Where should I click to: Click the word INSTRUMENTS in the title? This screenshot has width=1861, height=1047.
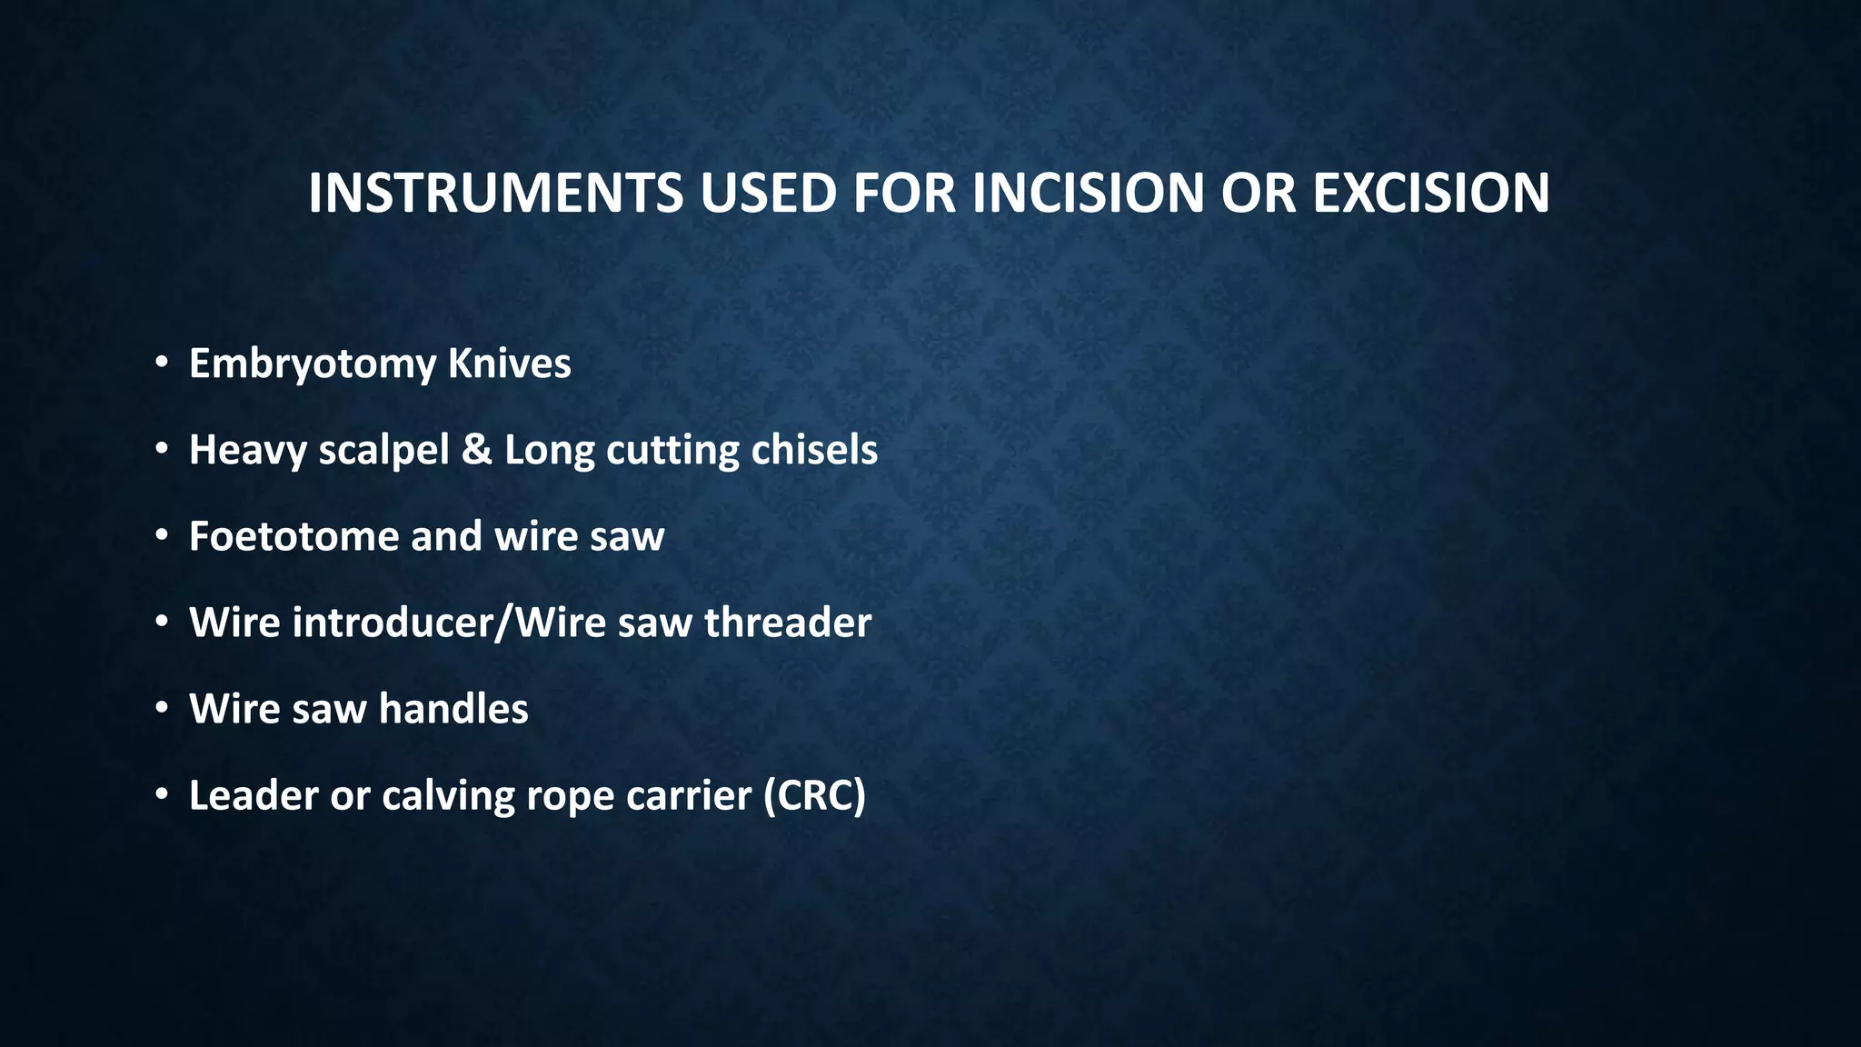pos(495,193)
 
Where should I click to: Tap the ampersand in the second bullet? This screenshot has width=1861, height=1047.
pos(476,450)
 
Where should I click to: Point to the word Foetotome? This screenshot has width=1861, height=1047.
pos(293,536)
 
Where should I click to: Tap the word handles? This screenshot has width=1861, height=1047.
pos(453,709)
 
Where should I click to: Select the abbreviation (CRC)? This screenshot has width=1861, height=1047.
pos(814,796)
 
